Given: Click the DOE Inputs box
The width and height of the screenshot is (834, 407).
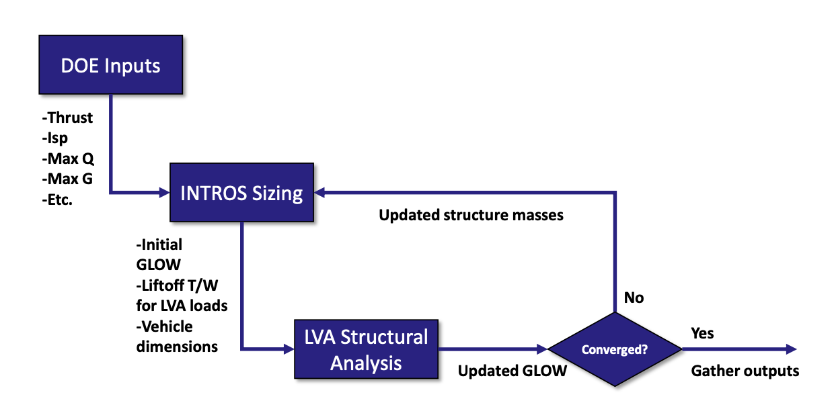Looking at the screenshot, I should [x=111, y=66].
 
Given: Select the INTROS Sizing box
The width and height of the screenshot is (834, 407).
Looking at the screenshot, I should [x=242, y=193].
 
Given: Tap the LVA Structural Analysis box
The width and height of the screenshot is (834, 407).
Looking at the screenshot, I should [x=366, y=349].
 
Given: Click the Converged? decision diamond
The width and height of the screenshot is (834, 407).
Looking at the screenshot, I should [x=615, y=349].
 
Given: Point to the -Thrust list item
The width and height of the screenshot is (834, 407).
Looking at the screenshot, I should [x=67, y=118].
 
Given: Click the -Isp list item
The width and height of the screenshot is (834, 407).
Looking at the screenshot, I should [x=56, y=138].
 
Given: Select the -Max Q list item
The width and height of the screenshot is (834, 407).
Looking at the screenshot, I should [x=67, y=159].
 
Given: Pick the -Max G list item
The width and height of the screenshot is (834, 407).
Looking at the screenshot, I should [x=67, y=179].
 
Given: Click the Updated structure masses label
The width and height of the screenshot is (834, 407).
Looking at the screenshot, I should [x=471, y=215].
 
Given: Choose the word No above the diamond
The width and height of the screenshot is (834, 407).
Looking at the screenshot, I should [x=634, y=297].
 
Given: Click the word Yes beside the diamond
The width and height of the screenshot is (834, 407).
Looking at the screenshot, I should [x=702, y=333].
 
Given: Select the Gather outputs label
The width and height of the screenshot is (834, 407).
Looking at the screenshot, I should [x=745, y=371].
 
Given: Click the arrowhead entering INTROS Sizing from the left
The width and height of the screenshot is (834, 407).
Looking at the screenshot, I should [x=163, y=193].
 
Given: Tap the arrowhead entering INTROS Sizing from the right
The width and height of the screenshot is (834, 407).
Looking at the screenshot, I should [x=321, y=193].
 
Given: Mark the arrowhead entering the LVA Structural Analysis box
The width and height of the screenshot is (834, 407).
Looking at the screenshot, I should [x=289, y=349].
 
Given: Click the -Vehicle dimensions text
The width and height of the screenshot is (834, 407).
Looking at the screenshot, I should [x=176, y=336].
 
